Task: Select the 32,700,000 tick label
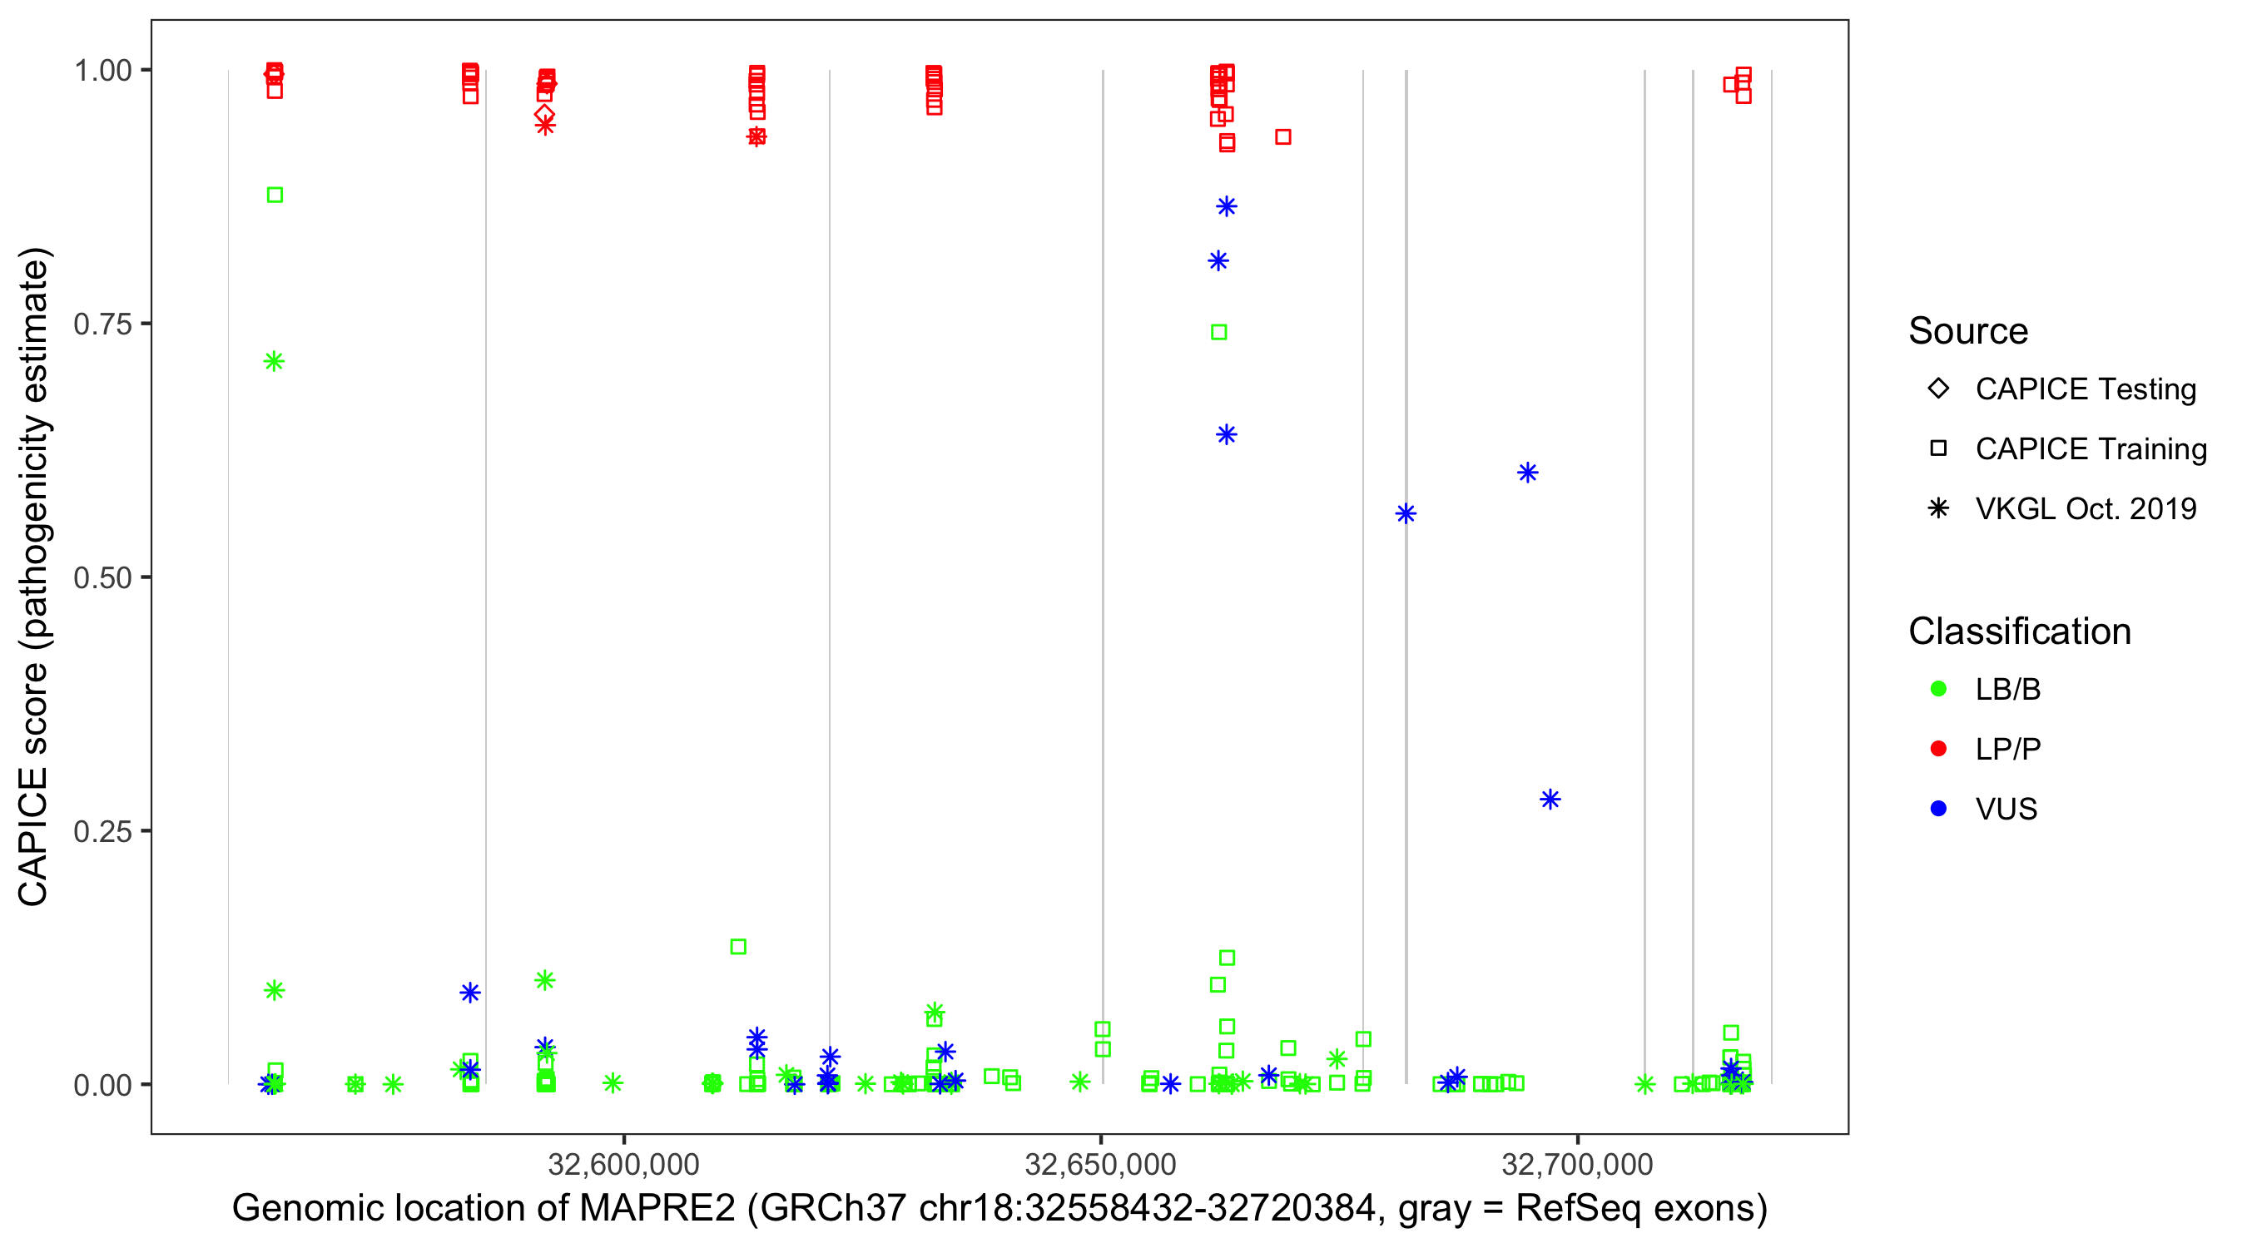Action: [1577, 1164]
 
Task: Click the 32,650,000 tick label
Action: [1100, 1164]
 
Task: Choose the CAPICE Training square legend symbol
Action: [1938, 448]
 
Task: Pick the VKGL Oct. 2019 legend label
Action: [2086, 508]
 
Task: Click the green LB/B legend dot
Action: [1938, 689]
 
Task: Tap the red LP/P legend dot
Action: [1938, 749]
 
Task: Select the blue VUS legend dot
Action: [1938, 809]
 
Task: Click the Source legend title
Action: [1968, 331]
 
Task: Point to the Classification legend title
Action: [2019, 631]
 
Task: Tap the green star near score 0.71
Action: [274, 361]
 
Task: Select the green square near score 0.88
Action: [275, 195]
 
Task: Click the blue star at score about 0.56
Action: [1406, 513]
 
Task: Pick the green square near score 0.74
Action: [1219, 332]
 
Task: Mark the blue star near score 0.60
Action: [1527, 473]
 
